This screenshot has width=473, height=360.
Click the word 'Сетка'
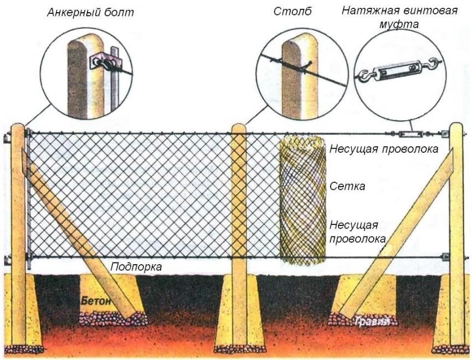347,187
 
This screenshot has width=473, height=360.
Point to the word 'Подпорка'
136,267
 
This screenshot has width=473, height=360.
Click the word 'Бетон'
95,301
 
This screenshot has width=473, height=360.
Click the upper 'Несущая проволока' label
384,149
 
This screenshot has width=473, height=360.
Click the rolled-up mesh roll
302,199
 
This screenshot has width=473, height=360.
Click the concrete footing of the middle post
239,310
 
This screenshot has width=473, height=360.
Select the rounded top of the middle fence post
239,128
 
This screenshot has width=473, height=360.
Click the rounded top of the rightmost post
456,127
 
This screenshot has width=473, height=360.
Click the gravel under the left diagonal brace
114,318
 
